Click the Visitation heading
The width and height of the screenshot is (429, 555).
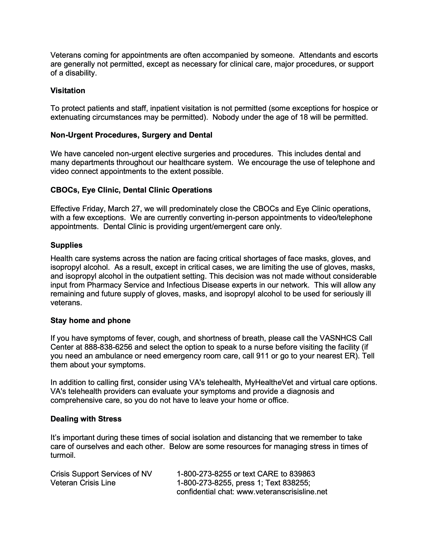(x=68, y=91)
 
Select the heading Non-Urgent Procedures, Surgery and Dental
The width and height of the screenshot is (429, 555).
(x=131, y=135)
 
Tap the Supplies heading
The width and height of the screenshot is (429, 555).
(x=66, y=245)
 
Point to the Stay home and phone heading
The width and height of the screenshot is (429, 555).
(x=90, y=320)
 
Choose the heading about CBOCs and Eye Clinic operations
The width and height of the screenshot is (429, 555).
(x=131, y=190)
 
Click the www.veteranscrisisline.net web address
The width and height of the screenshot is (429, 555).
(x=282, y=492)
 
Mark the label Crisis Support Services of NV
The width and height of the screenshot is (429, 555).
(x=101, y=474)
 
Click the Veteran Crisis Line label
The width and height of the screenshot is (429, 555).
(x=83, y=483)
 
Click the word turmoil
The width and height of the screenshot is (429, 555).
(x=63, y=455)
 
